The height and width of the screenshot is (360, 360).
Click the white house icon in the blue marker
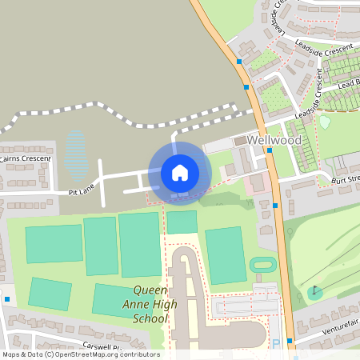(179, 172)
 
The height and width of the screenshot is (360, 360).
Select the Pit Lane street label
(82, 191)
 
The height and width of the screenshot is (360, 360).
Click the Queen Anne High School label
(150, 304)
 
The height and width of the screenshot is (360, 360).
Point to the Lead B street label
(348, 84)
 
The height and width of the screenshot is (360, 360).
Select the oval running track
(262, 264)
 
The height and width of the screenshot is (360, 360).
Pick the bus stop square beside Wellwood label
(270, 150)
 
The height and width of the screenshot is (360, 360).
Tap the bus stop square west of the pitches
(7, 299)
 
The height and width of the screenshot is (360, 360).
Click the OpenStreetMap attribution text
(80, 354)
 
